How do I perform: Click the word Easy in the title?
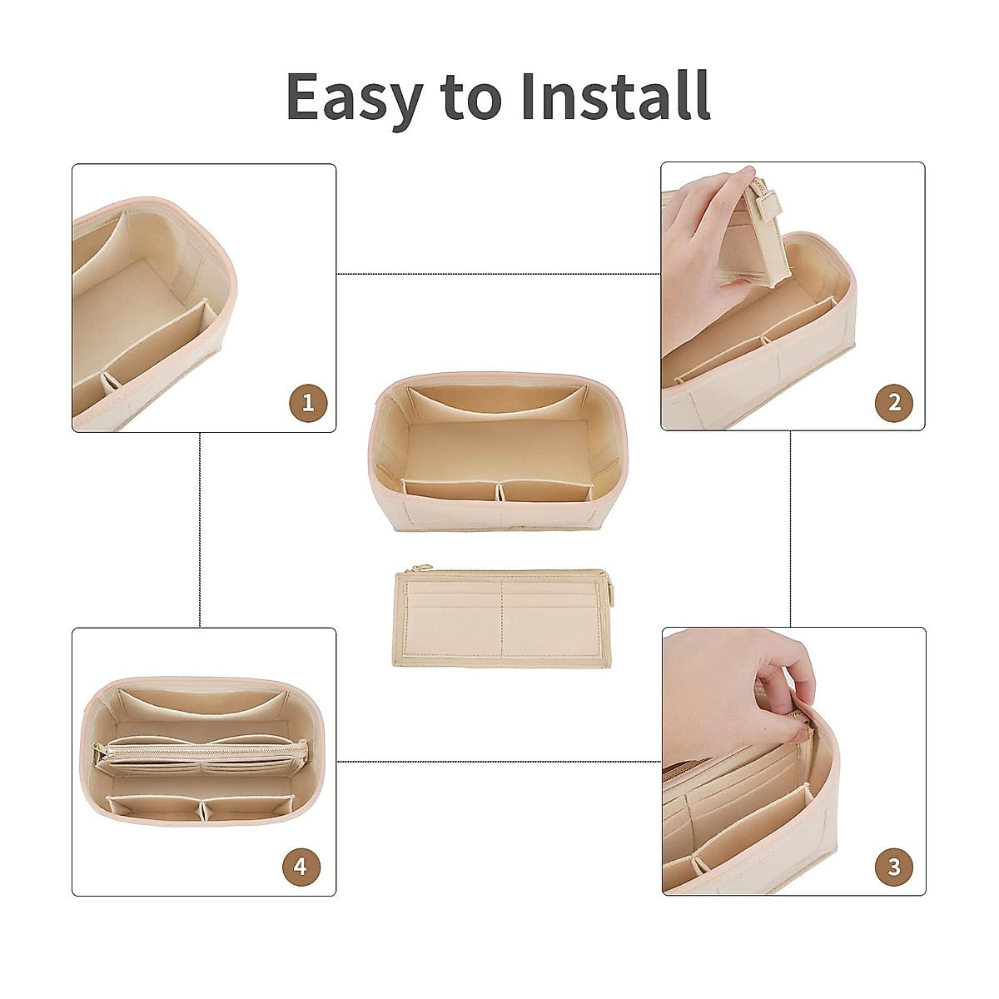[x=355, y=97]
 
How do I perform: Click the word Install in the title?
[x=615, y=96]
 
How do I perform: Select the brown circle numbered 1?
[x=308, y=404]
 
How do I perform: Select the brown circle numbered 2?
[x=894, y=404]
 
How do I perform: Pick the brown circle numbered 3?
[x=894, y=867]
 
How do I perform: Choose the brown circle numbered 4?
[x=300, y=867]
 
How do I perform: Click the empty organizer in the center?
[x=495, y=450]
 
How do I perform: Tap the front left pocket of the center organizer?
[x=450, y=491]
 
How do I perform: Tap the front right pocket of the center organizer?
[x=545, y=491]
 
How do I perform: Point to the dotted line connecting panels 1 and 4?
[x=200, y=529]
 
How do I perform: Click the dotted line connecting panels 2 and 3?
[x=790, y=529]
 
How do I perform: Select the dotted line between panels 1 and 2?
[x=498, y=273]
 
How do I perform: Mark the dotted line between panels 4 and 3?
[x=498, y=761]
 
